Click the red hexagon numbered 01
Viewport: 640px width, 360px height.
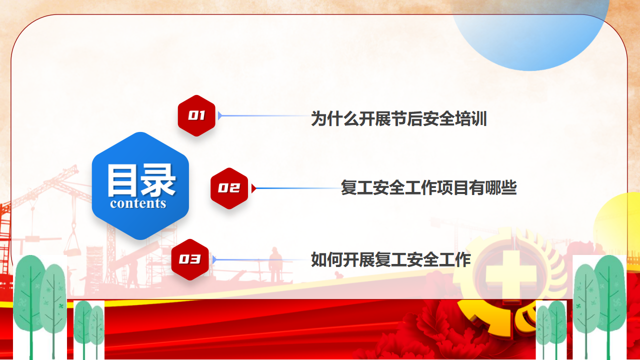pos(196,115)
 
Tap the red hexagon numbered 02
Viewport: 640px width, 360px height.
pos(229,188)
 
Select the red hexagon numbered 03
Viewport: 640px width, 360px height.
pos(190,259)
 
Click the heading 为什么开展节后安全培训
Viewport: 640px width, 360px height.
pos(399,118)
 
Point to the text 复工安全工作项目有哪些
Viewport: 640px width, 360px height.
pos(429,187)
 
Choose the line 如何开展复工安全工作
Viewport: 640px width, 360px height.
pos(391,259)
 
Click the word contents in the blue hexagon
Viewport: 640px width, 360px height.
pos(138,203)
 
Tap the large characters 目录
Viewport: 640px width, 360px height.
pos(141,180)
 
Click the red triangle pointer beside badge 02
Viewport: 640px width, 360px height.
pos(253,188)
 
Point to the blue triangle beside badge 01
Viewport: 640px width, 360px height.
pos(220,115)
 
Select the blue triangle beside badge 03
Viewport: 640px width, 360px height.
pos(214,259)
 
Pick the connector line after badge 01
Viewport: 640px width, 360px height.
pos(265,115)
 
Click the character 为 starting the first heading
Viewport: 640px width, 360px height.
pos(318,118)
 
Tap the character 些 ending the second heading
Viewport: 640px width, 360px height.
pos(509,187)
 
